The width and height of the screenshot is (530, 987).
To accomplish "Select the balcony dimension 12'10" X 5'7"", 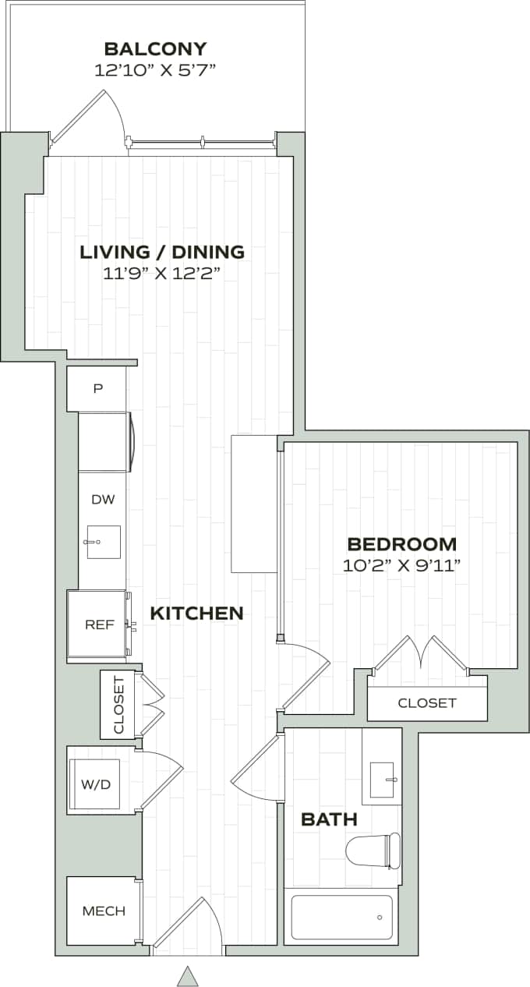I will point(154,70).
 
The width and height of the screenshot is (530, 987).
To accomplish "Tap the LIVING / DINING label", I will point(162,252).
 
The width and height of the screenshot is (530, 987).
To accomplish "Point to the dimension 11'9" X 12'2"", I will point(162,273).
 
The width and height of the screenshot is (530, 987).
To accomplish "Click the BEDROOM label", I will point(401,544).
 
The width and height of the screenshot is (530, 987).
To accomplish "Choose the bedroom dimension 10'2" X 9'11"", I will point(401,565).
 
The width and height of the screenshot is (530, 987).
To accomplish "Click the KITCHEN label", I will point(196,614).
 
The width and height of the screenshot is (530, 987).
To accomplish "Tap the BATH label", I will point(329,819).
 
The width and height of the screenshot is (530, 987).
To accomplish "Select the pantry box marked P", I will point(97,389).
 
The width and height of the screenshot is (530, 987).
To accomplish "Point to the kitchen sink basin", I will point(104,542).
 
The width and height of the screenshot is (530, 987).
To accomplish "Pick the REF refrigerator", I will point(99,624).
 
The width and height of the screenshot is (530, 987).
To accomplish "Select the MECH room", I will point(103,911).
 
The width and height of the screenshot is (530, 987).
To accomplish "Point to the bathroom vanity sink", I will point(382,780).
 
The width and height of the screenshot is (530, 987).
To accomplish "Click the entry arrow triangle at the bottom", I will point(187,975).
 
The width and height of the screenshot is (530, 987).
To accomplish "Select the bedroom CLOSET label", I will point(426,703).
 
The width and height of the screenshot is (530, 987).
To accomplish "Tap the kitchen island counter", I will point(254,504).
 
